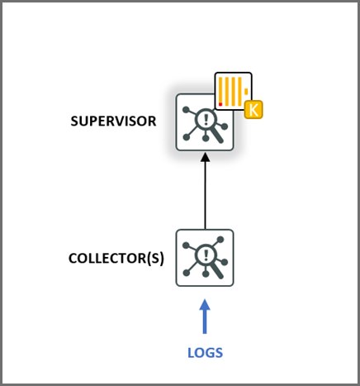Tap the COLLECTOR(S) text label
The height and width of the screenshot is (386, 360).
pos(116,258)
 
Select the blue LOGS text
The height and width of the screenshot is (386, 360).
pos(205,353)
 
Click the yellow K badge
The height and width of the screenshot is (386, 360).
pos(254,109)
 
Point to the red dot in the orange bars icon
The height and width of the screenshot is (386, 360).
pos(221,105)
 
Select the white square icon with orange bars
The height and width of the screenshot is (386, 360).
pos(233,91)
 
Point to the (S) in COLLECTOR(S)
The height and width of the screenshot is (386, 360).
pos(155,258)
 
